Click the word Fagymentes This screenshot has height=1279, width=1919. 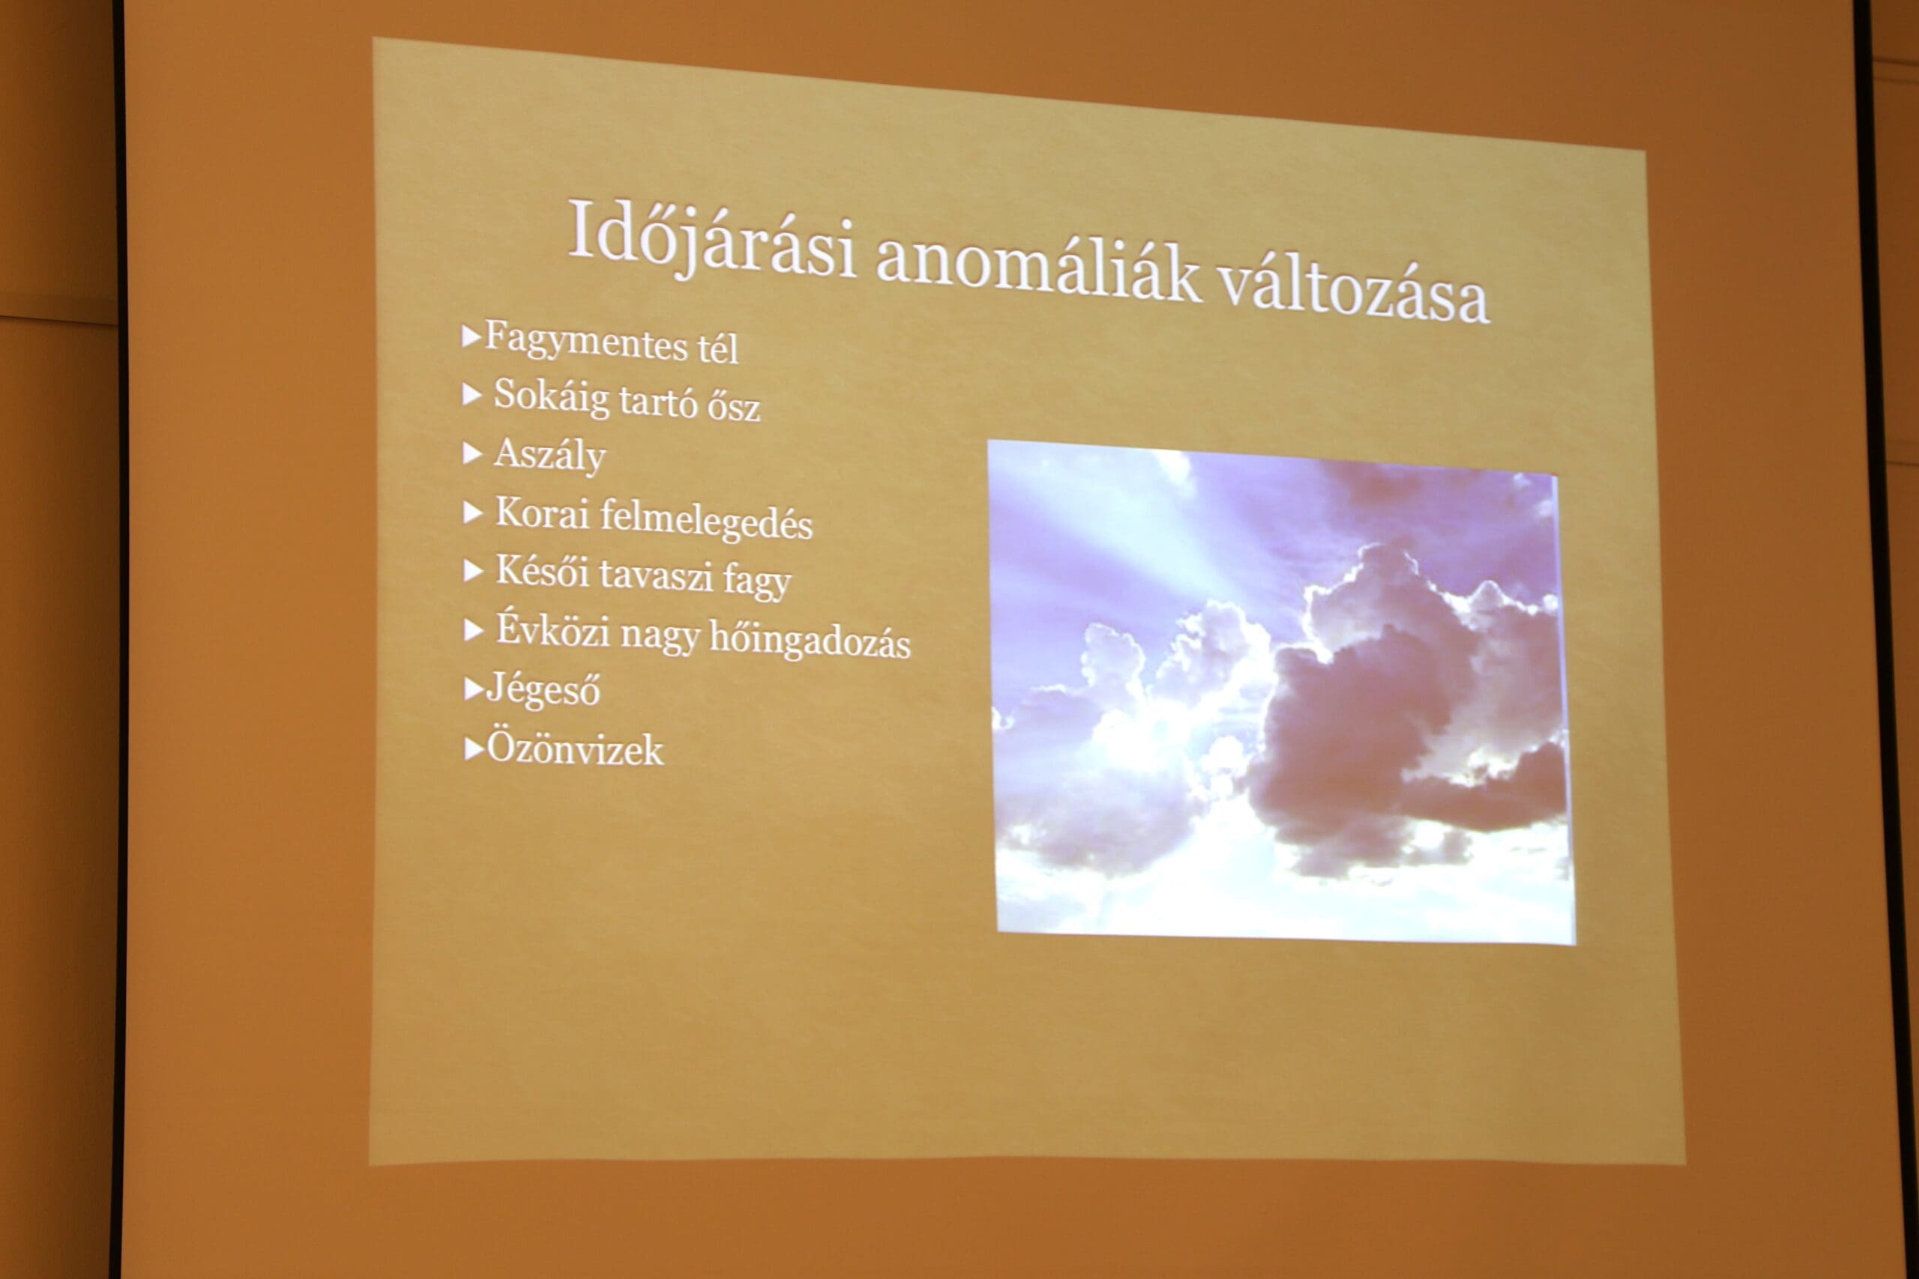coord(585,339)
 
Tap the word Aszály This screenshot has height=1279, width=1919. coord(549,455)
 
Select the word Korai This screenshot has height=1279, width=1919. coord(542,513)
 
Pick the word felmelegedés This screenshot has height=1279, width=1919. coord(707,521)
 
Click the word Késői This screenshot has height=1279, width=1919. coord(542,571)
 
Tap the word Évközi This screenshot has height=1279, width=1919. coord(553,629)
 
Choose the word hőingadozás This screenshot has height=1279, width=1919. coord(810,640)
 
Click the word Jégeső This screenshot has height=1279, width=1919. coord(543,689)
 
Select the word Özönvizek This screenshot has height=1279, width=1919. coord(574,747)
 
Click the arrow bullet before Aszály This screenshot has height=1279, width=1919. coord(472,453)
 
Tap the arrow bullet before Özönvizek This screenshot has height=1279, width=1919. coord(474,749)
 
